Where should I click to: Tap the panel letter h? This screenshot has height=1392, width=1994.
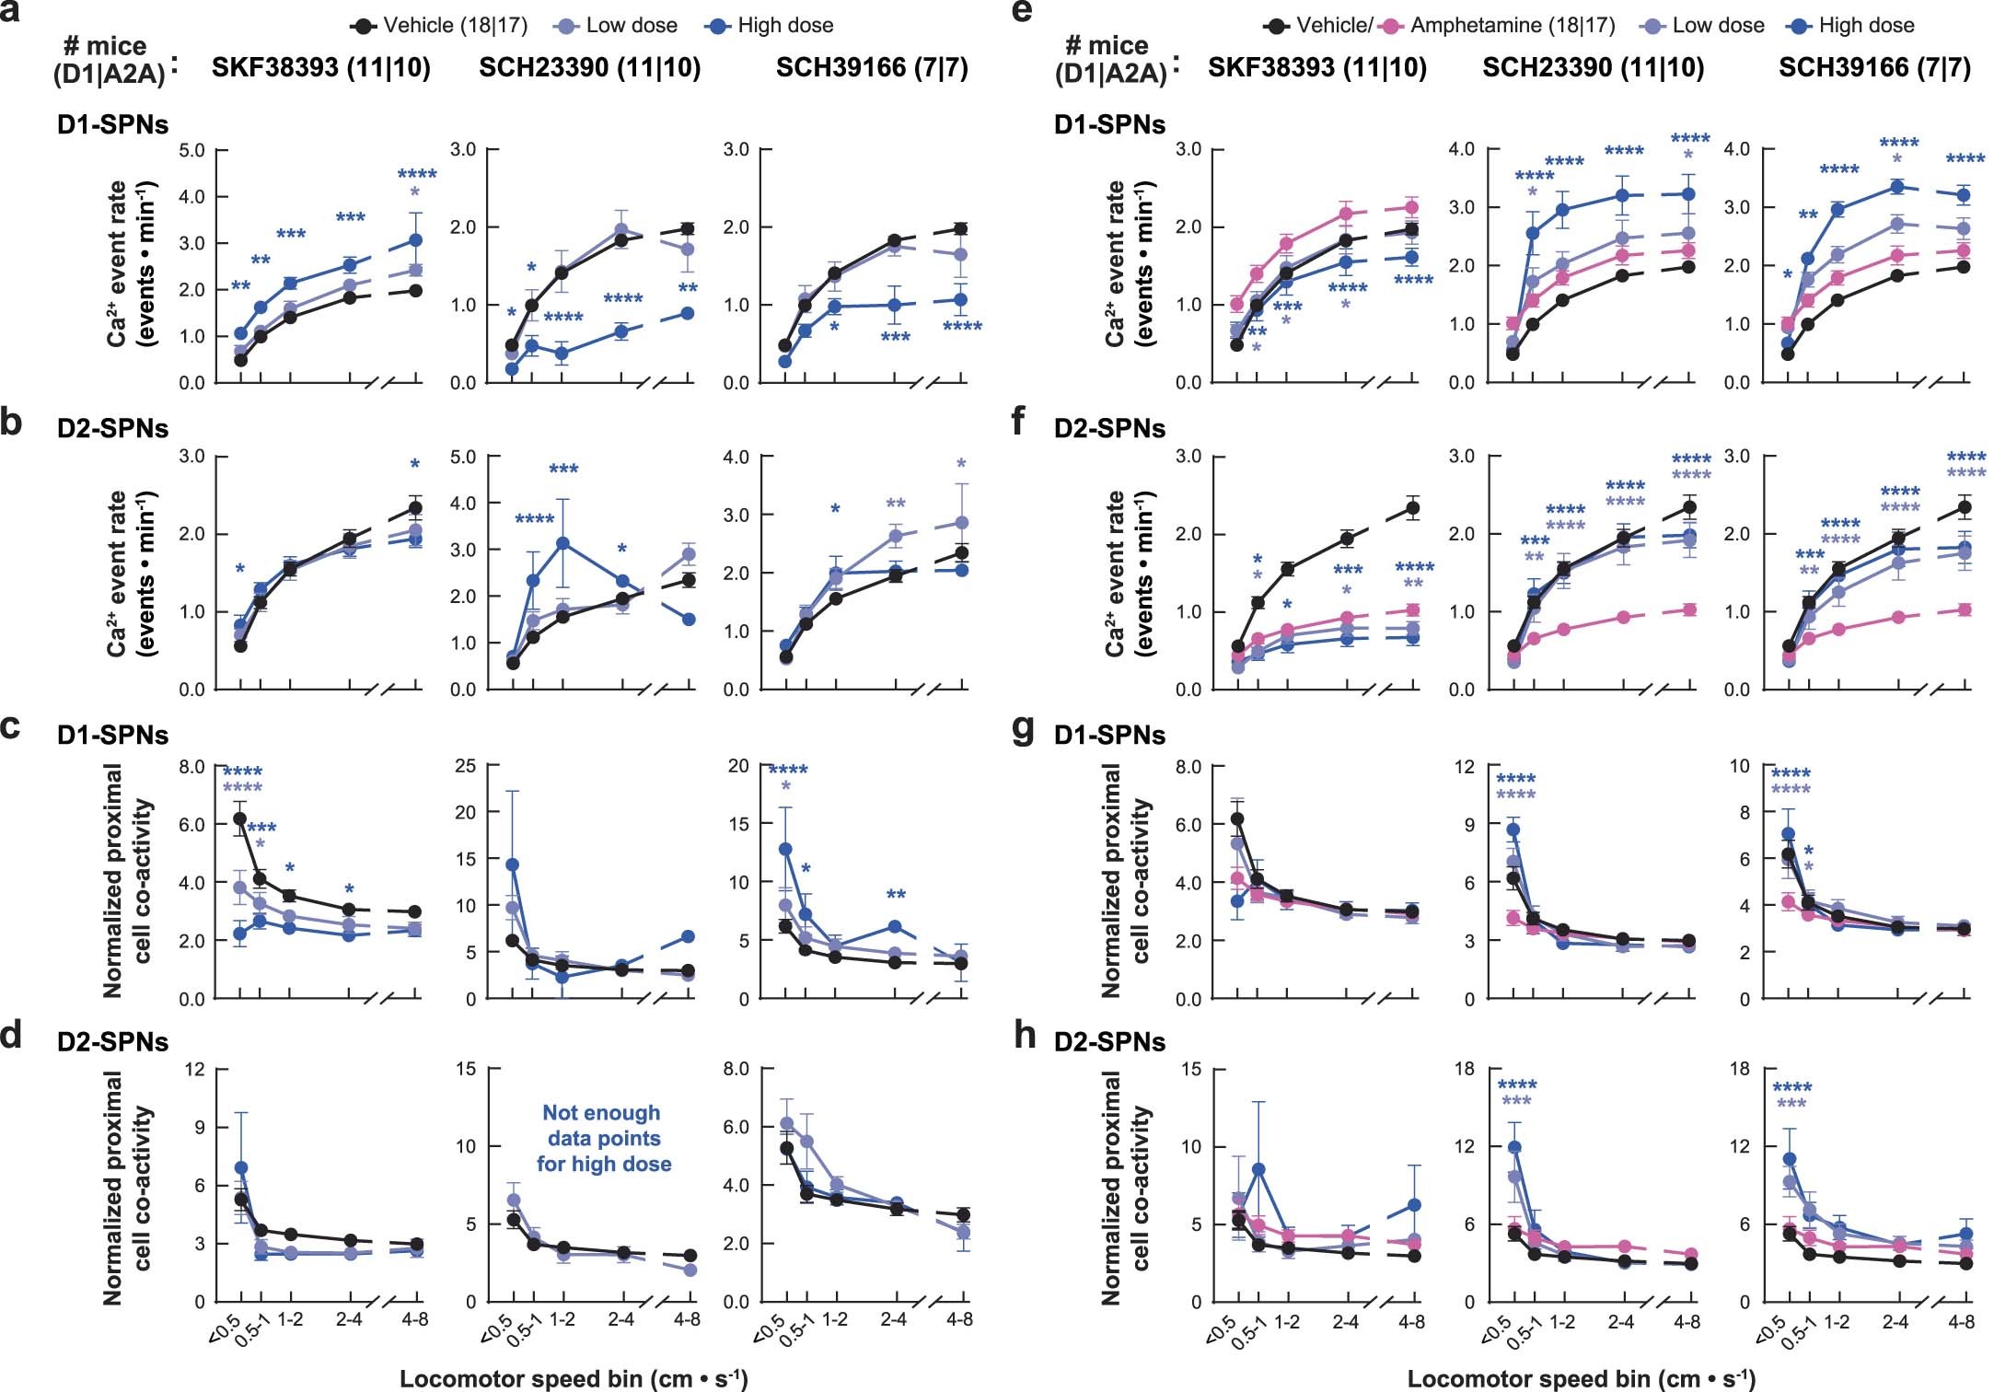(x=1025, y=1035)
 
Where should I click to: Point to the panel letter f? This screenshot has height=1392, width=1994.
(x=1018, y=422)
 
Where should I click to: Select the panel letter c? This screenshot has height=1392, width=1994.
(x=11, y=727)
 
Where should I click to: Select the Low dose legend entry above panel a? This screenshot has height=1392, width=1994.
(x=631, y=26)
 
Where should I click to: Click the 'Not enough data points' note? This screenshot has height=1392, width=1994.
(x=603, y=1138)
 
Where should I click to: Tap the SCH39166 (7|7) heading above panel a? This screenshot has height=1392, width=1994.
(x=872, y=67)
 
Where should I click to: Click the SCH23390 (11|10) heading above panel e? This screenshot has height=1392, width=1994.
(x=1593, y=67)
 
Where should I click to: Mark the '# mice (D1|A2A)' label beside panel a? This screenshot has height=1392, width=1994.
(x=109, y=59)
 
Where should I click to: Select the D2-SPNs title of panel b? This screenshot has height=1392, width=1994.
(x=112, y=428)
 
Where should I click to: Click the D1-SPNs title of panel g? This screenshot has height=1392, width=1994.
(x=1109, y=735)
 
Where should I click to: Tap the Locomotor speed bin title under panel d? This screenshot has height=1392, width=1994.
(x=573, y=1378)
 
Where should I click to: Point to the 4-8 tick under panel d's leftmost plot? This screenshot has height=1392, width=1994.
(x=415, y=1319)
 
